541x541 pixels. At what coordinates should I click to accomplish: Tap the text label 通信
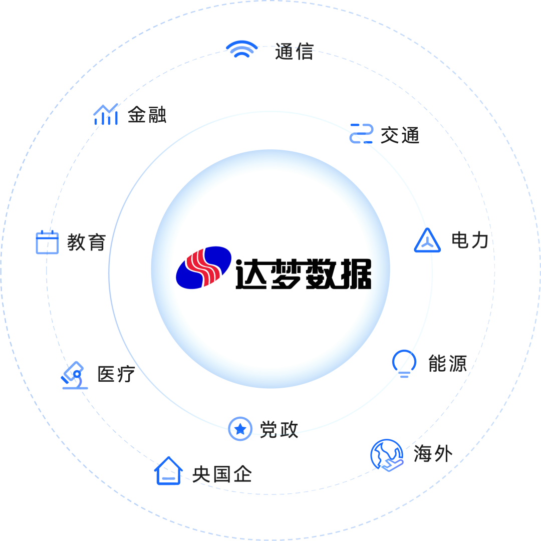point(295,52)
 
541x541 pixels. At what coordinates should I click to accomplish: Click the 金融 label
point(147,115)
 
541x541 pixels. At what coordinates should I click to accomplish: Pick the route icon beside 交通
point(361,133)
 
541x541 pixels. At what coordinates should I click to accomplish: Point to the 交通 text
point(400,135)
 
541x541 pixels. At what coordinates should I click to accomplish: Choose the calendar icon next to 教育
point(48,242)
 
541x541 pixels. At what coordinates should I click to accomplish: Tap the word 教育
point(87,243)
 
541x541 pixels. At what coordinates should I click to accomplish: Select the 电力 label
point(470,240)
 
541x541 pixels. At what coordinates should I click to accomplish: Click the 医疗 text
point(116,374)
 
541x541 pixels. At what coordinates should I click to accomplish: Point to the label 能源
point(447,364)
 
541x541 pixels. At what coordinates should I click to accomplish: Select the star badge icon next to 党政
point(240,429)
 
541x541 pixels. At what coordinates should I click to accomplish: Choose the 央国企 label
point(222,474)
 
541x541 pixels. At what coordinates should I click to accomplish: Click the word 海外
point(433,454)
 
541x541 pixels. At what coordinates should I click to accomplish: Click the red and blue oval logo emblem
point(203,267)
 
